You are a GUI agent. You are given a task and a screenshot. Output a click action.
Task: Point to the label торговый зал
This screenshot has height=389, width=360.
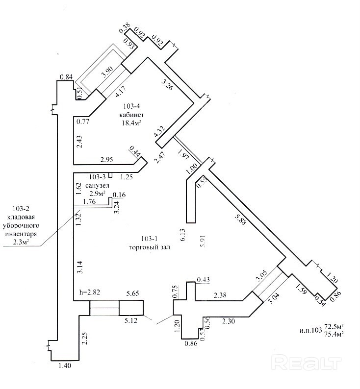pos(148,247)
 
